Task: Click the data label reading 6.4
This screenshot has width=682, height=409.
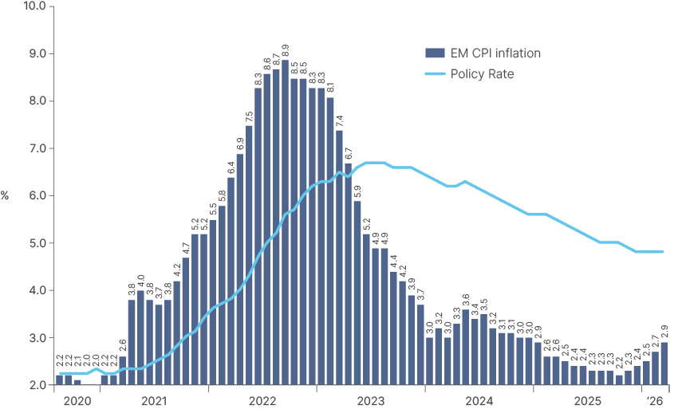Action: pyautogui.click(x=231, y=167)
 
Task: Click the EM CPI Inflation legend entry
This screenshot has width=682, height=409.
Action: pyautogui.click(x=495, y=53)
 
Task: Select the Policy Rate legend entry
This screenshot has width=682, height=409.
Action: pyautogui.click(x=482, y=74)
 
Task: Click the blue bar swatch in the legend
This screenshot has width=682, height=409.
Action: pyautogui.click(x=435, y=53)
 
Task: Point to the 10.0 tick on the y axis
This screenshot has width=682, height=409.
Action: pyautogui.click(x=35, y=6)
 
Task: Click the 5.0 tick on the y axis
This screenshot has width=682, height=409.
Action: pyautogui.click(x=37, y=243)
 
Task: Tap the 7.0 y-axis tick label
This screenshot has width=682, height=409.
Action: pyautogui.click(x=37, y=148)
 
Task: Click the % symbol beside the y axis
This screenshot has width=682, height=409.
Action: pyautogui.click(x=6, y=195)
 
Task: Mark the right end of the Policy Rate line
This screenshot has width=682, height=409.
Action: pyautogui.click(x=663, y=252)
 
